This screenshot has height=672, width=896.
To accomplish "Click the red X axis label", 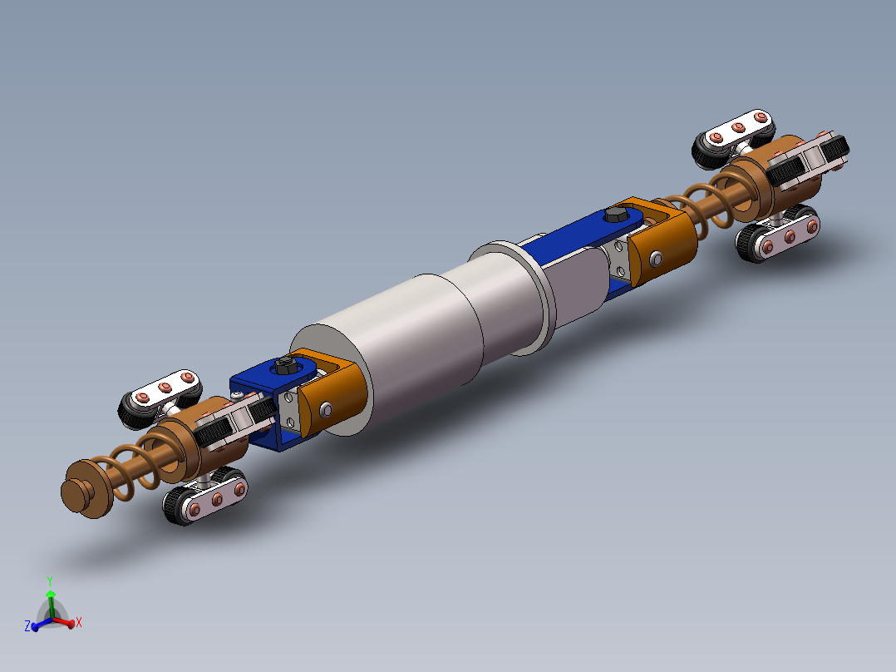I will click(x=78, y=621).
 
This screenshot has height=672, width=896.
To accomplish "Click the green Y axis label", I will click(x=51, y=581).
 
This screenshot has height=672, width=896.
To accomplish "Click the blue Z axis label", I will click(x=27, y=625).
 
